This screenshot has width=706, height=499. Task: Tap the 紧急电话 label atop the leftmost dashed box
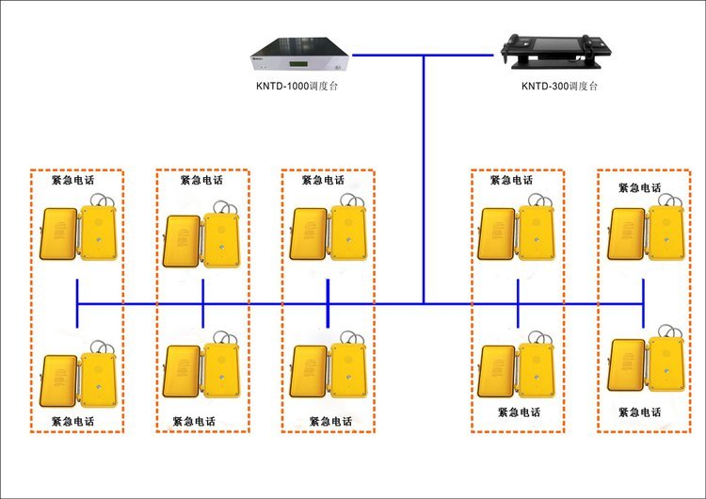point(72,180)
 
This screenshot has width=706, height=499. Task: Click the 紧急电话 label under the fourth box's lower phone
point(520,412)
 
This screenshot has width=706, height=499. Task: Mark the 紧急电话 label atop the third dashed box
point(324,180)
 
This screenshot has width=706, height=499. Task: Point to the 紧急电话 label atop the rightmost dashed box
point(639,187)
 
